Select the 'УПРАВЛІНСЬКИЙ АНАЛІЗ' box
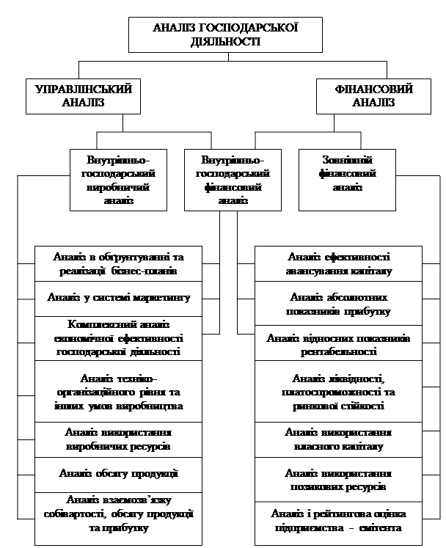[83, 95]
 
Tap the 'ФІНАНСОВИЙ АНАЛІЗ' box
[373, 95]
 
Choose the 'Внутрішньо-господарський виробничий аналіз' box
[118, 180]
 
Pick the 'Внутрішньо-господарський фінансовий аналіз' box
[233, 180]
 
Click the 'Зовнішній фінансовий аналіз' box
[347, 176]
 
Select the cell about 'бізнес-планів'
[118, 263]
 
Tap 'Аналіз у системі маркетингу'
[118, 298]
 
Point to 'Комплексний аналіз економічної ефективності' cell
[118, 337]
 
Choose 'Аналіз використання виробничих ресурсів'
[118, 439]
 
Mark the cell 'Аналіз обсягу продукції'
[118, 473]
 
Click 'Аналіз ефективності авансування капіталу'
[339, 263]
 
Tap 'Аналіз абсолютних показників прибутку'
[339, 304]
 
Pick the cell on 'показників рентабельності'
[339, 345]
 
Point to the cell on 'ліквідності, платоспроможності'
[339, 392]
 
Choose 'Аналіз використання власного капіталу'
[339, 439]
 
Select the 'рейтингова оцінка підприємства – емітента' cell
[339, 520]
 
